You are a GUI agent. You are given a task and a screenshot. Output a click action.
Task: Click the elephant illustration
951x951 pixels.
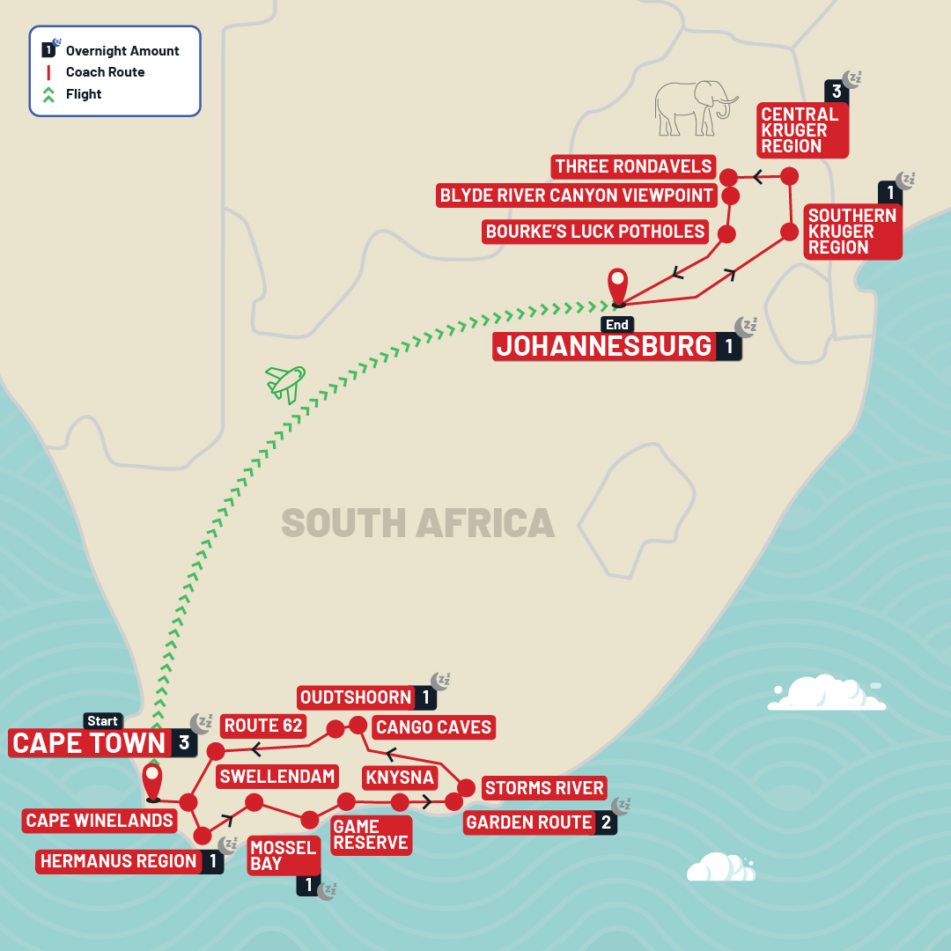tap(696, 107)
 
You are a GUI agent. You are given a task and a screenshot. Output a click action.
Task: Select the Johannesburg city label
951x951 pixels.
tap(604, 346)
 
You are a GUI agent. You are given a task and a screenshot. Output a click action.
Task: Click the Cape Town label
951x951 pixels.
tap(89, 743)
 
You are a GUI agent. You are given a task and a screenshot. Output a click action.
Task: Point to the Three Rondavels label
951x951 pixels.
tap(633, 166)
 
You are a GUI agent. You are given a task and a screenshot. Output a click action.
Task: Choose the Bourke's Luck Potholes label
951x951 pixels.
tap(596, 232)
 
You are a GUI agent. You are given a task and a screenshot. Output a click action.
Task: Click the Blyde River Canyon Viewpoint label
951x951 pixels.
tap(575, 195)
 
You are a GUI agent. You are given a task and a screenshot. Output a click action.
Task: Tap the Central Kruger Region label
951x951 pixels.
tap(800, 130)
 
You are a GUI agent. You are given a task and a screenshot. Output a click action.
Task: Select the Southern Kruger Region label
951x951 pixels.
tap(852, 232)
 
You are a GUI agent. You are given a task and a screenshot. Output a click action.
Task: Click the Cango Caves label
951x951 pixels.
tap(432, 727)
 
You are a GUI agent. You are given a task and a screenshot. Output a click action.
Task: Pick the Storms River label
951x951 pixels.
tap(544, 788)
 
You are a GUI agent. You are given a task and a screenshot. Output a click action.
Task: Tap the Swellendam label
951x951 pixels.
tap(277, 777)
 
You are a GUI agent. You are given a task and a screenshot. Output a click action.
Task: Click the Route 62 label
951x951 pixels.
tap(263, 726)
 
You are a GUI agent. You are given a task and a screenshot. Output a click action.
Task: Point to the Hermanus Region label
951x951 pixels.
tap(119, 861)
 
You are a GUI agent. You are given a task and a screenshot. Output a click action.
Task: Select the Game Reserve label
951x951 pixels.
tap(370, 835)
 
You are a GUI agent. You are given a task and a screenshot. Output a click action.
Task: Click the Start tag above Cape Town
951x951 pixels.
tap(102, 722)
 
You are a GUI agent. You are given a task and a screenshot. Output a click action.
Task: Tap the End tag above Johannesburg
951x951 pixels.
tap(617, 325)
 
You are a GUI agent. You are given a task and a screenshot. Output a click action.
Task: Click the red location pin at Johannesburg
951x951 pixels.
tap(618, 287)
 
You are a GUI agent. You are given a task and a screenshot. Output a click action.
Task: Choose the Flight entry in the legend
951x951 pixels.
tap(84, 94)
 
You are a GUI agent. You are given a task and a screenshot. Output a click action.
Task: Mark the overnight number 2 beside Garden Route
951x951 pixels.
tap(606, 822)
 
